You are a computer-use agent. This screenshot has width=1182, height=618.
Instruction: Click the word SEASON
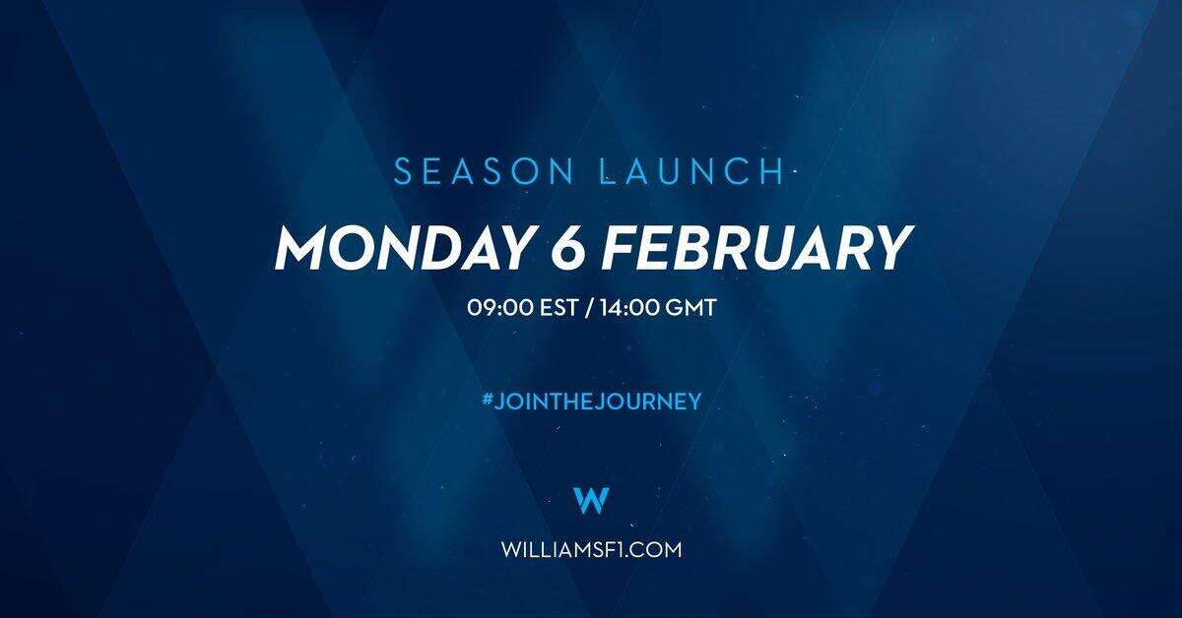click(484, 172)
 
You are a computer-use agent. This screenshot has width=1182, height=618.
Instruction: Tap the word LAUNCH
click(692, 172)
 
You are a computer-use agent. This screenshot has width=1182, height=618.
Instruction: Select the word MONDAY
click(403, 248)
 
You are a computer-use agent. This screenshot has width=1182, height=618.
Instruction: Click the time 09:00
click(500, 307)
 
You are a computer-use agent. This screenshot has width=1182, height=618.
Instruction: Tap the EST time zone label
click(558, 307)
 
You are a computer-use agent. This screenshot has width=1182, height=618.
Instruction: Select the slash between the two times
click(589, 307)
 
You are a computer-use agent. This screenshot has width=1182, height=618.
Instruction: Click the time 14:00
click(630, 307)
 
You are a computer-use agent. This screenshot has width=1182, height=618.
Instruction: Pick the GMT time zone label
click(690, 307)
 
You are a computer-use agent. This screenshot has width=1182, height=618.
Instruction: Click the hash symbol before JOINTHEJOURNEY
click(487, 401)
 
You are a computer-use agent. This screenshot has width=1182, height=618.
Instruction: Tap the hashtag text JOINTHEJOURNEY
click(598, 402)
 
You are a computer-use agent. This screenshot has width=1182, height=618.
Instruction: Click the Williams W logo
click(591, 501)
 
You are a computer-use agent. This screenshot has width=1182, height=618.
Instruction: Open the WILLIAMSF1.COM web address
click(592, 549)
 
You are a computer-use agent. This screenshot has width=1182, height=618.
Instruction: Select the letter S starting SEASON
click(403, 172)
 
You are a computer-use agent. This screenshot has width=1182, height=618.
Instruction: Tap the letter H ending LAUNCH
click(773, 172)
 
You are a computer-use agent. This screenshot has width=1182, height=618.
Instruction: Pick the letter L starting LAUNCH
click(610, 172)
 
